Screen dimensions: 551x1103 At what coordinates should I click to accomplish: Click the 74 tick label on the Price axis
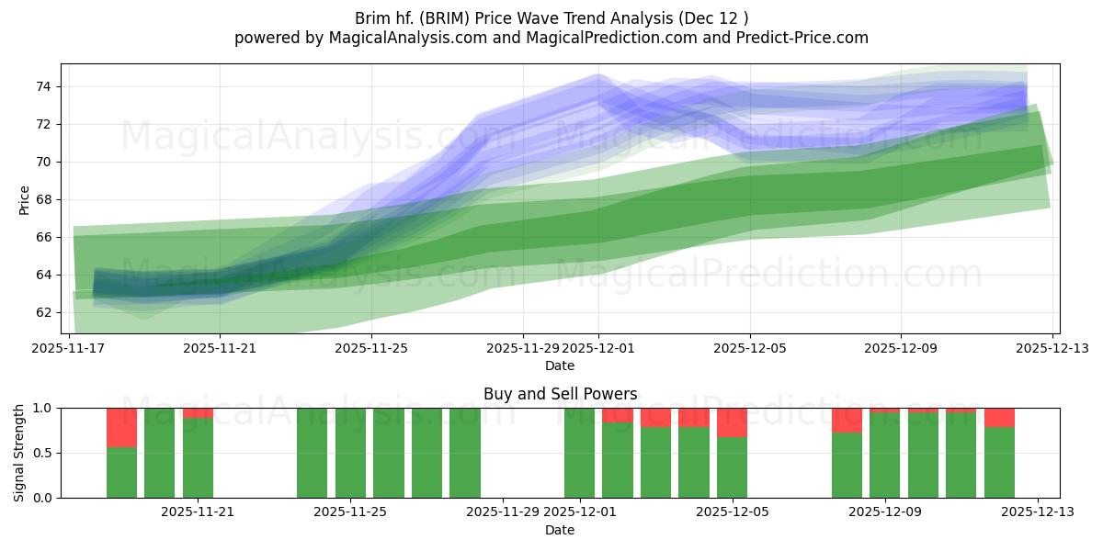(x=44, y=87)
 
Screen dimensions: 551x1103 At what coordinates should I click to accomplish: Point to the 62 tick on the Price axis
(x=44, y=312)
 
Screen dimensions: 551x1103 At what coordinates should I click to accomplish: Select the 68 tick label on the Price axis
(x=44, y=199)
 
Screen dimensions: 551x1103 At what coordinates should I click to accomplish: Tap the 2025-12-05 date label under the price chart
(x=749, y=349)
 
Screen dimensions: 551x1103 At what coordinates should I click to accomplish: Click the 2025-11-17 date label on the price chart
(x=69, y=349)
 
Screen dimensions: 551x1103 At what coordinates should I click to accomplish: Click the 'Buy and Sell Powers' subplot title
(x=560, y=394)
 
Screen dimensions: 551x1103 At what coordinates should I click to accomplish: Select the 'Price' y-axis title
(x=25, y=200)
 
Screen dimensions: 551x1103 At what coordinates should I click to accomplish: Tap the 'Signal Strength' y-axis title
(x=19, y=453)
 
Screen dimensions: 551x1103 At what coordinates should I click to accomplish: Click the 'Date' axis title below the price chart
(x=560, y=365)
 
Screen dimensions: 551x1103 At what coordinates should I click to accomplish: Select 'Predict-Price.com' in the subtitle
(x=799, y=38)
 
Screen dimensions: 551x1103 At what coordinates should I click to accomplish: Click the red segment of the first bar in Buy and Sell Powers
(x=121, y=427)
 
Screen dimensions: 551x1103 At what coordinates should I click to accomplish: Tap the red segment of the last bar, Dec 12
(x=999, y=418)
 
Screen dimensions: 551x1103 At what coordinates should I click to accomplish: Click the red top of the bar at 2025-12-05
(x=732, y=422)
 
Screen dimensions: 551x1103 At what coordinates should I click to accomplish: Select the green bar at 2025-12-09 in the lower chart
(x=884, y=455)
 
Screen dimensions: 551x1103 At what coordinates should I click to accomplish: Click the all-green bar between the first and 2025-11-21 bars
(x=159, y=453)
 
